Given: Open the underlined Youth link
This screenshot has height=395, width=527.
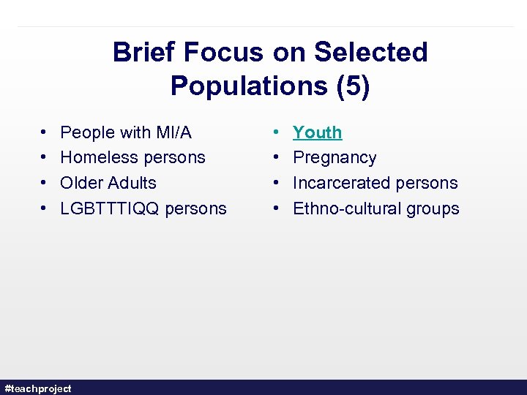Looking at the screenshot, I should [317, 132].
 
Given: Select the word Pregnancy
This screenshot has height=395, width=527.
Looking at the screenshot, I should [334, 158].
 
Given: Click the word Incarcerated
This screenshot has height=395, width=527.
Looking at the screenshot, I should [339, 183].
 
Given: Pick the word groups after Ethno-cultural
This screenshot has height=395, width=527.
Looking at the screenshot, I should [430, 208].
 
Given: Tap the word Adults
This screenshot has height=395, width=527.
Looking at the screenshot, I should [132, 183].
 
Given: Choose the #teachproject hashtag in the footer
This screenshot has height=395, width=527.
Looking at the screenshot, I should [38, 388].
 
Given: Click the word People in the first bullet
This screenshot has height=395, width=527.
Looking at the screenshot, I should [87, 132].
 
